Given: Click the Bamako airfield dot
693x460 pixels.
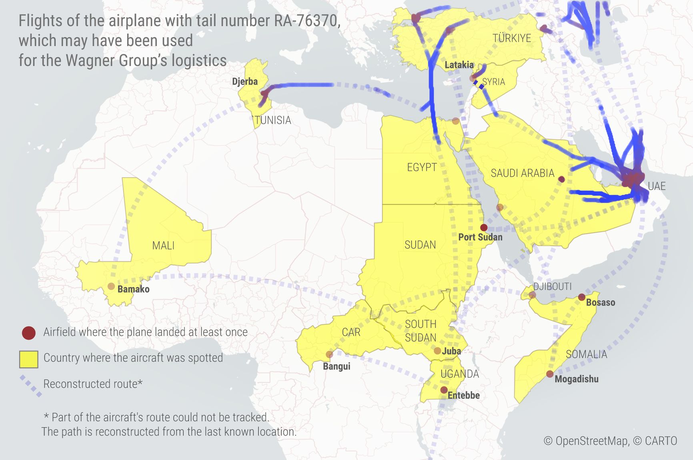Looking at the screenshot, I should [111, 286].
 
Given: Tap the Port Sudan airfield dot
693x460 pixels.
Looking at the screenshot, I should [484, 228].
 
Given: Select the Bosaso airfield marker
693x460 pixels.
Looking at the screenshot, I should [582, 297].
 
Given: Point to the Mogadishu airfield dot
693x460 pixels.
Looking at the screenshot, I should [550, 374].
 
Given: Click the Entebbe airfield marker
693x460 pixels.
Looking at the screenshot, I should [444, 390].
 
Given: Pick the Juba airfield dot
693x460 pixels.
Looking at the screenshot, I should [437, 351].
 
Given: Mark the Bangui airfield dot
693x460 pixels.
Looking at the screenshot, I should [329, 354].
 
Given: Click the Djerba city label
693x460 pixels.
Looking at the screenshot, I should [245, 82].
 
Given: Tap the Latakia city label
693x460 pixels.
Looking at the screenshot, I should [459, 65].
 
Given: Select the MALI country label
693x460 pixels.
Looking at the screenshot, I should [163, 246].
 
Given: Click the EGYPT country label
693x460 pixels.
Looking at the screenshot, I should [422, 167].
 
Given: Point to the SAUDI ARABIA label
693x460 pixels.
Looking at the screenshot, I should [522, 173].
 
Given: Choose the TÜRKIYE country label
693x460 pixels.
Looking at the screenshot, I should [512, 38].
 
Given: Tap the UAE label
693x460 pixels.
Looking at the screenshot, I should [657, 186].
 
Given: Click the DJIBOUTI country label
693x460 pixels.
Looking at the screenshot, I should [552, 286].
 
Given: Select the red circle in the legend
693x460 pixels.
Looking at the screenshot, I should [29, 333].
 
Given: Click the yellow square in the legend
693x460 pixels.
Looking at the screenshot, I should [29, 359].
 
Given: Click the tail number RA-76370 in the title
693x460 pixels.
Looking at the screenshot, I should [306, 21].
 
